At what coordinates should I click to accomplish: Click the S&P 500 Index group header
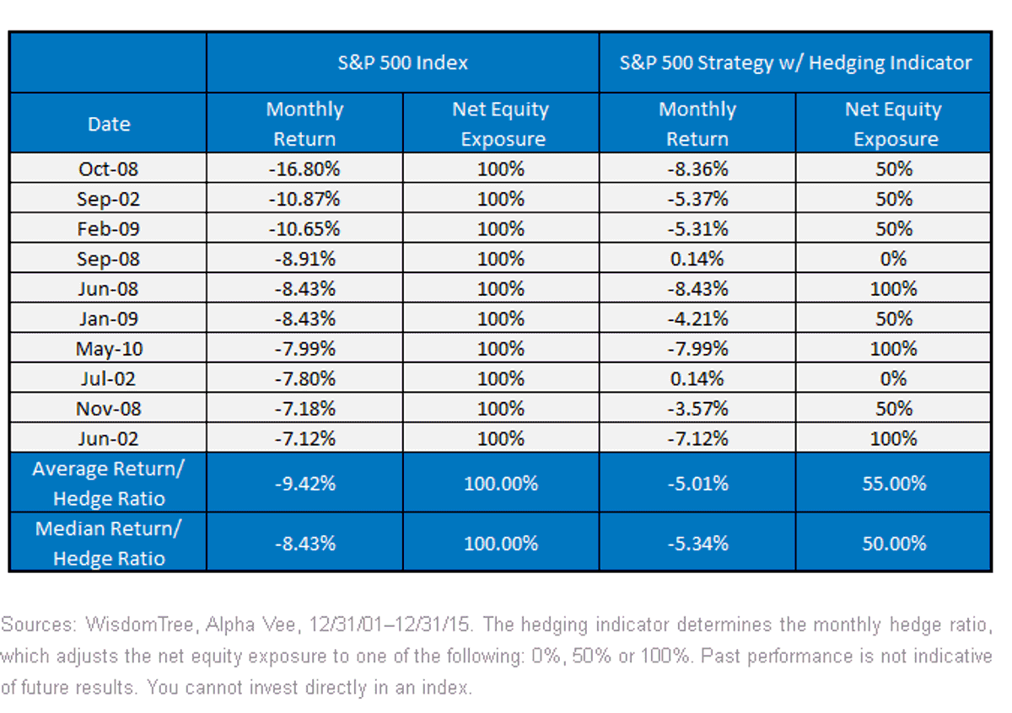(x=402, y=62)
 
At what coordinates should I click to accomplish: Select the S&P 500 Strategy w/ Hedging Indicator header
(x=795, y=63)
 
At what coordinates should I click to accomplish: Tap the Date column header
(x=109, y=124)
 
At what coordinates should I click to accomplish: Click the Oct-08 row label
(x=109, y=169)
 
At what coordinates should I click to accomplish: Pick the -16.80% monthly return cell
(x=304, y=169)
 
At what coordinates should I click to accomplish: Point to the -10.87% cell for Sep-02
(x=304, y=199)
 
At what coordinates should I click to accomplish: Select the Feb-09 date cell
(x=109, y=229)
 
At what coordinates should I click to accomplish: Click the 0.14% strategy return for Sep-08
(x=697, y=259)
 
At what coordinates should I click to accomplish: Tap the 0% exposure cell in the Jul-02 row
(x=893, y=378)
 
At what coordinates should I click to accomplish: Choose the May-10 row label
(x=109, y=349)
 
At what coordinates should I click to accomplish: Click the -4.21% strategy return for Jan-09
(x=698, y=319)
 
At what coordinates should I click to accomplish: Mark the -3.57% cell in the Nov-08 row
(x=698, y=409)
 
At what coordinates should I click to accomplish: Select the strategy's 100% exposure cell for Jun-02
(x=894, y=438)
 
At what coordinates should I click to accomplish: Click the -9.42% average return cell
(x=305, y=484)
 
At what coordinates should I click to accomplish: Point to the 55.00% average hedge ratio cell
(x=894, y=484)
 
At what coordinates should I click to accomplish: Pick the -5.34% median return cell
(x=698, y=544)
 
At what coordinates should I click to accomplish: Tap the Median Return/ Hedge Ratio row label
(x=109, y=544)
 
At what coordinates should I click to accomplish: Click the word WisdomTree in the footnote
(x=140, y=625)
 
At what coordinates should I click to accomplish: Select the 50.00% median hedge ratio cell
(x=894, y=544)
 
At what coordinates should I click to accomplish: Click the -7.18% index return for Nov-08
(x=305, y=409)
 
